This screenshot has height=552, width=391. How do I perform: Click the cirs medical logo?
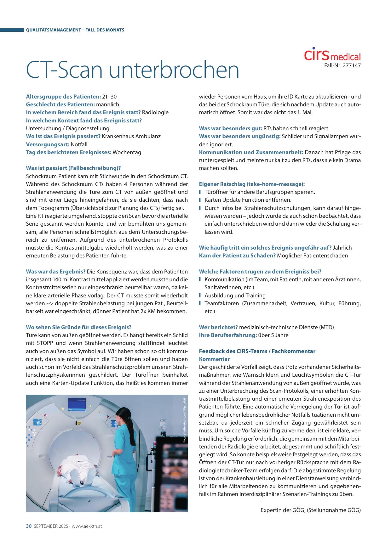click(332, 55)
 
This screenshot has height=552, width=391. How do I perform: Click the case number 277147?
click(351, 66)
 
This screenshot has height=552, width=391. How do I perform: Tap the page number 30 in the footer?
click(29, 526)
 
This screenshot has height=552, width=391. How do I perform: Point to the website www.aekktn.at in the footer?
click(87, 526)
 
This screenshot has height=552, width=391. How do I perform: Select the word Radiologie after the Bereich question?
click(155, 112)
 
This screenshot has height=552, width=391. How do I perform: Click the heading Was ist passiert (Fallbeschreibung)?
click(73, 168)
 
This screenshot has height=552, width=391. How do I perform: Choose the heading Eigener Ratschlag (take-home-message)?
click(252, 184)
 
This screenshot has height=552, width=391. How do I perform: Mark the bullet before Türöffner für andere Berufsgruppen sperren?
click(200, 192)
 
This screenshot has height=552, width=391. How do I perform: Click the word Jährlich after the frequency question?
click(342, 248)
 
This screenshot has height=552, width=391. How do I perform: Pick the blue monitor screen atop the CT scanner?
click(77, 404)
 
